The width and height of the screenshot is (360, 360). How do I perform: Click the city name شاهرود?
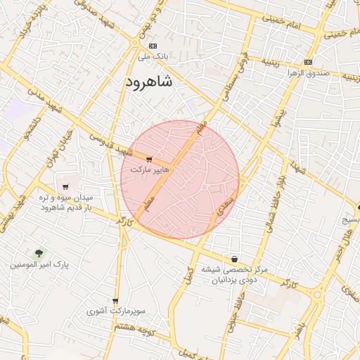148,82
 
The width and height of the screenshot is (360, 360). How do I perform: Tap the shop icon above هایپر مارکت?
148,160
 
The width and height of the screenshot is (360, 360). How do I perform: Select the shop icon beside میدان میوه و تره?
65,187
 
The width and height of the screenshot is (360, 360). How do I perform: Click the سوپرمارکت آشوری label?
116,310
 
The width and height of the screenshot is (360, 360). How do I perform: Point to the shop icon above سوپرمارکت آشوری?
115,300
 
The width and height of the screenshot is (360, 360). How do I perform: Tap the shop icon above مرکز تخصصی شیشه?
234,259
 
